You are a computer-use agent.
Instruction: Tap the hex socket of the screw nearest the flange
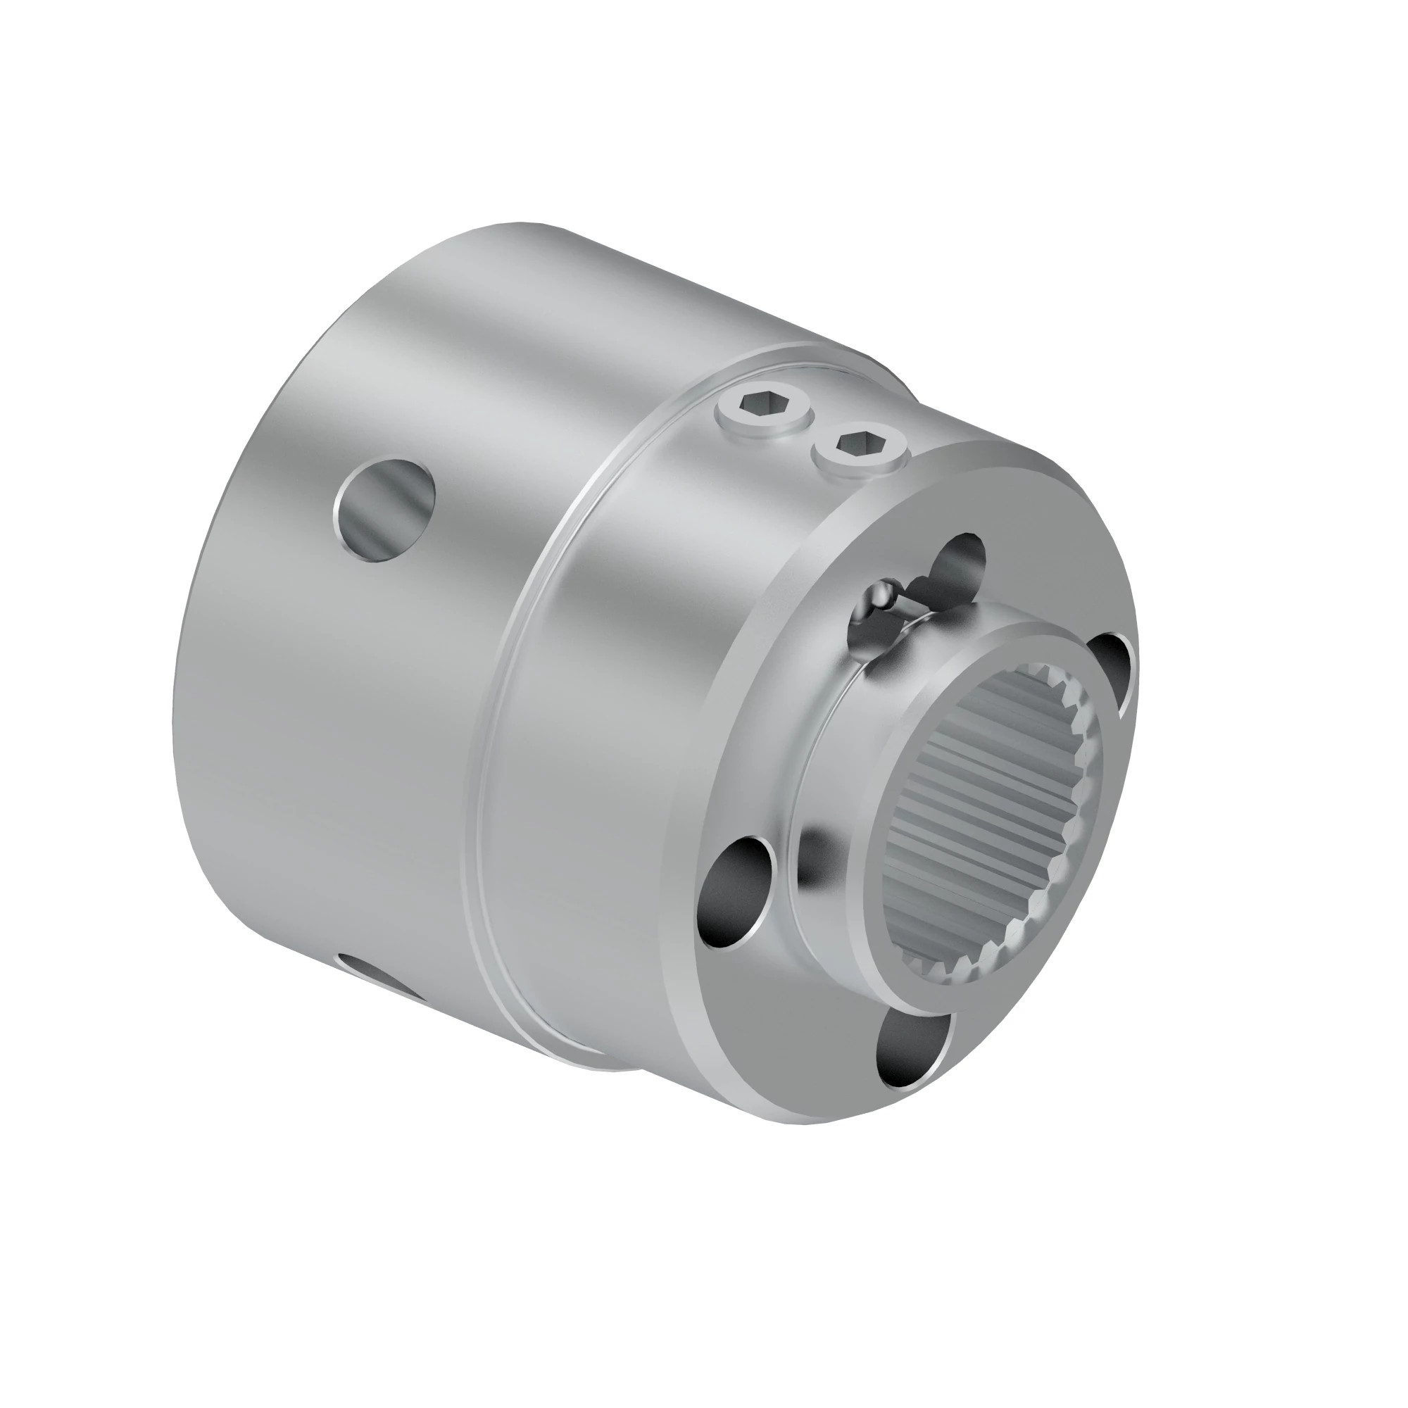coord(861,441)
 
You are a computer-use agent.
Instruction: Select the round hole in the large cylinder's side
coord(386,508)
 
